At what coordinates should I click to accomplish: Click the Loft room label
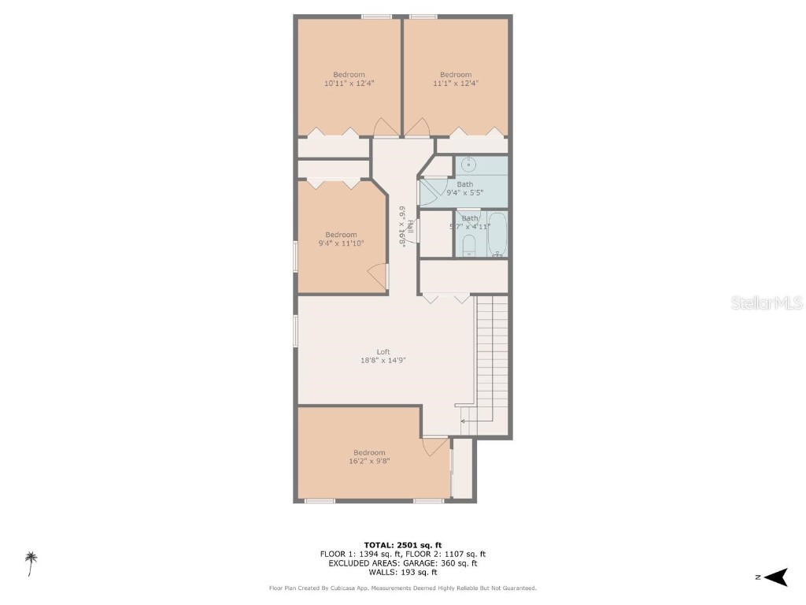(x=383, y=352)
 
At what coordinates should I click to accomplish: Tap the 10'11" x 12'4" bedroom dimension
(x=349, y=83)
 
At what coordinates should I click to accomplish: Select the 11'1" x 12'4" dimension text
(x=456, y=83)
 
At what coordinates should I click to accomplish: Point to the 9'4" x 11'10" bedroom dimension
(x=341, y=243)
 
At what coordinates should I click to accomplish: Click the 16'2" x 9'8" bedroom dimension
(x=368, y=461)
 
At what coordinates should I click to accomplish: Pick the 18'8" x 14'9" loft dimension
(x=383, y=360)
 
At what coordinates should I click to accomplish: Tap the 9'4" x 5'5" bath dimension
(x=464, y=192)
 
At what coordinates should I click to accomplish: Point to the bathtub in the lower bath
(x=497, y=233)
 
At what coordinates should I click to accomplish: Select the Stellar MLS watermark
(x=767, y=302)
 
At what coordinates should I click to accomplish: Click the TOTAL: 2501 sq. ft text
(x=402, y=545)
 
